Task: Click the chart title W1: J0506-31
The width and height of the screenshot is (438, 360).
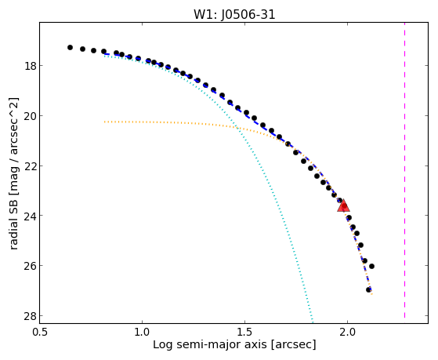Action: pos(234,14)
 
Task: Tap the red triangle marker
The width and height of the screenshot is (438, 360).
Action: pos(343,205)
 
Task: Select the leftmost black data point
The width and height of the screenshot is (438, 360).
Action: pos(70,48)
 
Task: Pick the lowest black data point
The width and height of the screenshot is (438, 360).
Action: pos(369,289)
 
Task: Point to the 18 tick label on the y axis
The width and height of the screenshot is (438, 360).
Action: pos(30,66)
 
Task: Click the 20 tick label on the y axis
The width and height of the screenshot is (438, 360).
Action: pos(30,116)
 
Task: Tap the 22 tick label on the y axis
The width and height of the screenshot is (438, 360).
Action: pos(30,165)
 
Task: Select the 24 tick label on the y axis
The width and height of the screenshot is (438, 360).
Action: pos(30,216)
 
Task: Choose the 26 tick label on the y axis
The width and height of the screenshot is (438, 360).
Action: pos(30,266)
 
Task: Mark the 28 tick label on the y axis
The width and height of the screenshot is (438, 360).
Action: pos(30,316)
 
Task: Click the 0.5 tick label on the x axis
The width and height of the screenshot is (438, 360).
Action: pos(40,332)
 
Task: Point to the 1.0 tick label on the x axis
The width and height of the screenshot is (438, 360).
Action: pos(142,332)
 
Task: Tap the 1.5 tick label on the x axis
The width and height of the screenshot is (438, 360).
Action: pos(244,332)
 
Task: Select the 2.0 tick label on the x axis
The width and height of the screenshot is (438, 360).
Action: pos(347,332)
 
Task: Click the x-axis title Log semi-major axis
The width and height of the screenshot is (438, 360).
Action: pos(210,345)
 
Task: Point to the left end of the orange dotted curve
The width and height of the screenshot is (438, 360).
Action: pos(104,122)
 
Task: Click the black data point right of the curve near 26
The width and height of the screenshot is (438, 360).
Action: pos(371,267)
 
